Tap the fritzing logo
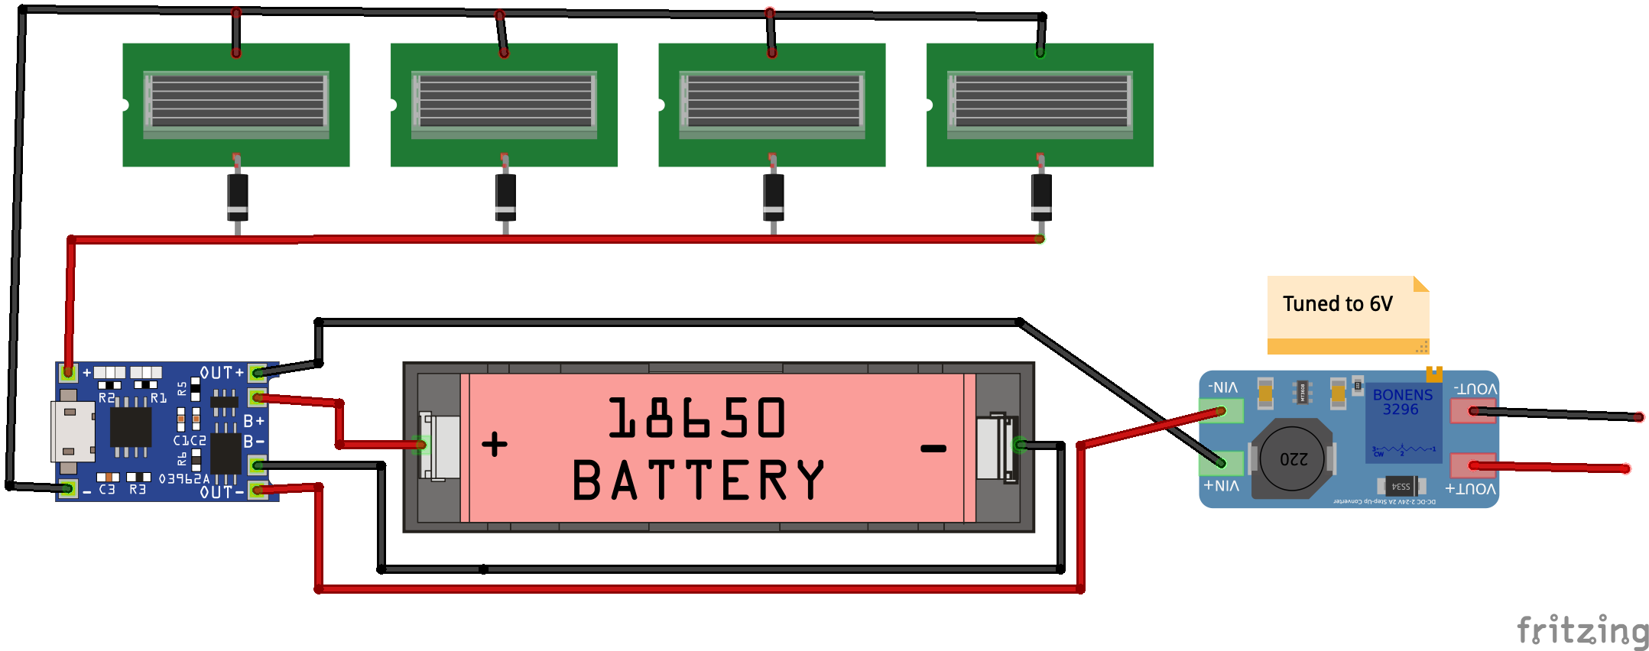[1582, 631]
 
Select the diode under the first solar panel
[237, 196]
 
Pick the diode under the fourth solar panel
[1040, 196]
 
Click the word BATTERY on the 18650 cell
[698, 481]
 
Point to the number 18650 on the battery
[696, 418]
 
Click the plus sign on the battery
[495, 444]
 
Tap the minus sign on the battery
[933, 449]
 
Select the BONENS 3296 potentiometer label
[1402, 402]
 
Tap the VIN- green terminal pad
[1222, 411]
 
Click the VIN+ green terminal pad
[1222, 463]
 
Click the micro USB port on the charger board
[72, 432]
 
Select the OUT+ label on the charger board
[221, 373]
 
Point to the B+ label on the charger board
[253, 421]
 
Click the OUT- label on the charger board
[221, 492]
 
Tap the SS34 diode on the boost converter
[1401, 486]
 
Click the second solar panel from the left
[504, 105]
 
